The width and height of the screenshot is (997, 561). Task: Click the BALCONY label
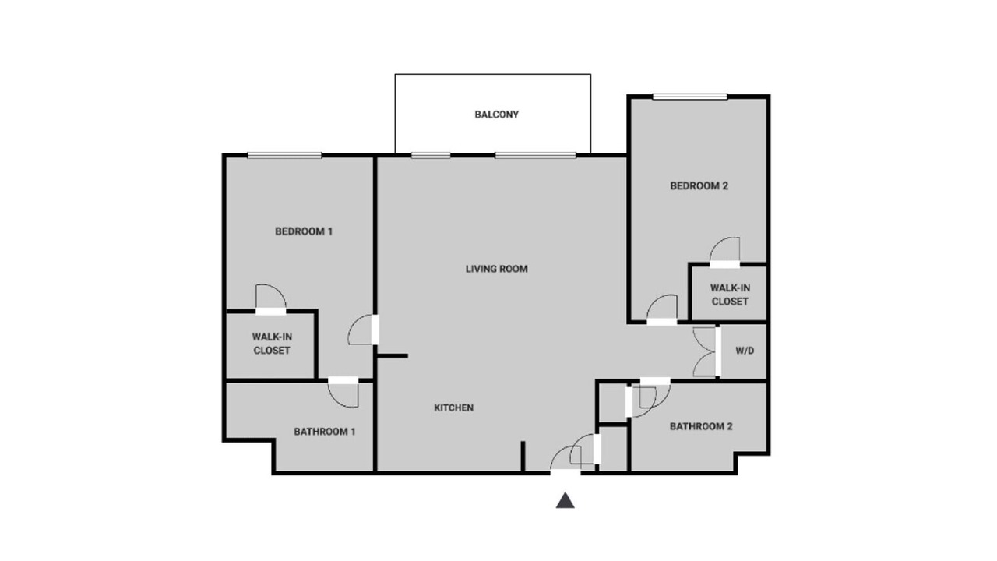pyautogui.click(x=496, y=115)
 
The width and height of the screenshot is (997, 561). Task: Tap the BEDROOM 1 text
pyautogui.click(x=304, y=231)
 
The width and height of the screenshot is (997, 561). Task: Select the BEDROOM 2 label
pyautogui.click(x=699, y=186)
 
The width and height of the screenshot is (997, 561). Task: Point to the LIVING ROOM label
pyautogui.click(x=496, y=269)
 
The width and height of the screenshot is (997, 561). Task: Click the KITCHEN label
pyautogui.click(x=453, y=408)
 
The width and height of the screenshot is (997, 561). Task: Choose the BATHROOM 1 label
pyautogui.click(x=325, y=432)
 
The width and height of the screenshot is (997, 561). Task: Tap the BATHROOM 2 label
pyautogui.click(x=700, y=426)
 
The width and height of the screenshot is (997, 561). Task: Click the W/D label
pyautogui.click(x=745, y=351)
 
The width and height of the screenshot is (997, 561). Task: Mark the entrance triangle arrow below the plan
pyautogui.click(x=565, y=500)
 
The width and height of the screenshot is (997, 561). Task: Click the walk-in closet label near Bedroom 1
pyautogui.click(x=272, y=344)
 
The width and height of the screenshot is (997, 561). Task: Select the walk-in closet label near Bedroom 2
pyautogui.click(x=730, y=295)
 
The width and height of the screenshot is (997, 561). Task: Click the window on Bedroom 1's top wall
pyautogui.click(x=284, y=155)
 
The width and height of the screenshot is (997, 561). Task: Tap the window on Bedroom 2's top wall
pyautogui.click(x=690, y=96)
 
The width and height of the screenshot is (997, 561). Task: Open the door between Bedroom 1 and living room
pyautogui.click(x=363, y=330)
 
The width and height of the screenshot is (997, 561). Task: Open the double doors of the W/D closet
pyautogui.click(x=706, y=351)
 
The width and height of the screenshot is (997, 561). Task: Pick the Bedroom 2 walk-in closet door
pyautogui.click(x=724, y=252)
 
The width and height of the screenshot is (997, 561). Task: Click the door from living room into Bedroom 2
pyautogui.click(x=662, y=310)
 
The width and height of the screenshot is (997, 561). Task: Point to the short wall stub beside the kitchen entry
pyautogui.click(x=523, y=456)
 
